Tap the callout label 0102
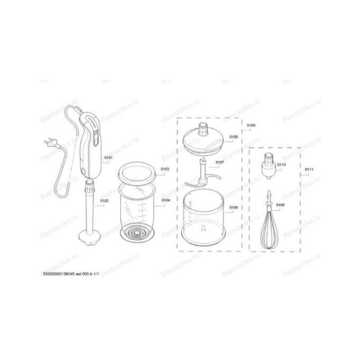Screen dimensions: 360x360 [x=105, y=201]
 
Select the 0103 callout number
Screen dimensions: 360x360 [x=166, y=169]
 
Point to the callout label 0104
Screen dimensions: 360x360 [x=166, y=201]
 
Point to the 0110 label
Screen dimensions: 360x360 [x=281, y=165]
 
